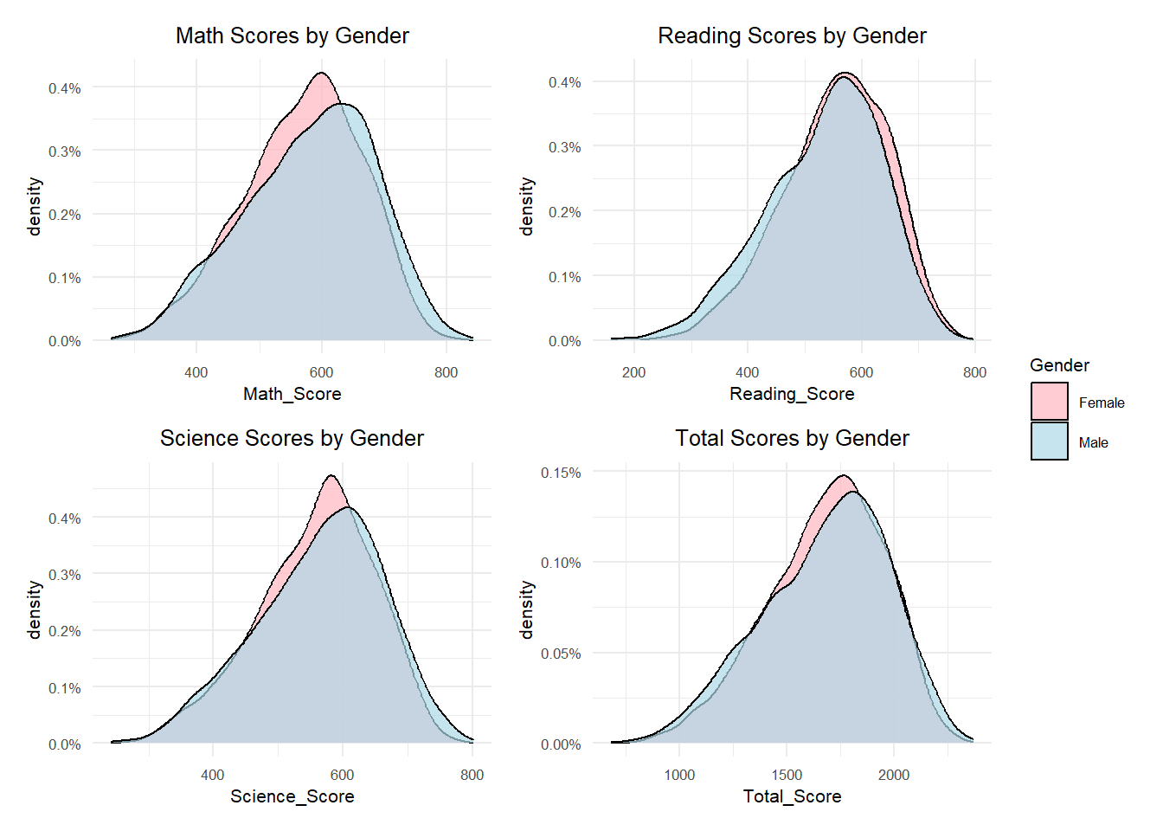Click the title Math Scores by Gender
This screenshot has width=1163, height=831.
pyautogui.click(x=292, y=35)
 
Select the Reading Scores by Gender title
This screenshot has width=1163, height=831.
pyautogui.click(x=792, y=35)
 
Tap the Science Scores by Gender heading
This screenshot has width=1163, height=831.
pyautogui.click(x=292, y=438)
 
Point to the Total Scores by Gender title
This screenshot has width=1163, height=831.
pyautogui.click(x=792, y=438)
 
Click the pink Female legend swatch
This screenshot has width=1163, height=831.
pyautogui.click(x=1049, y=402)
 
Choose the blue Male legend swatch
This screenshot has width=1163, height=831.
pyautogui.click(x=1049, y=441)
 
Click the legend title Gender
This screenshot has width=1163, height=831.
pyautogui.click(x=1059, y=365)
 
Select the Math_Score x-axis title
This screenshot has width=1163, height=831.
pyautogui.click(x=292, y=394)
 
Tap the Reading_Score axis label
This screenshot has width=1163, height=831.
pyautogui.click(x=792, y=394)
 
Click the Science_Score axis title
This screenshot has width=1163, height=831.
pyautogui.click(x=292, y=796)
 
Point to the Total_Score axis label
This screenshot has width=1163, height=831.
pyautogui.click(x=792, y=796)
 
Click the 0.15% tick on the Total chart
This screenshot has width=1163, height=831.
pyautogui.click(x=561, y=473)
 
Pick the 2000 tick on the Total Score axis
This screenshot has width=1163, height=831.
pyautogui.click(x=894, y=775)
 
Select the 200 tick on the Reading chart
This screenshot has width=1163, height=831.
pyautogui.click(x=633, y=372)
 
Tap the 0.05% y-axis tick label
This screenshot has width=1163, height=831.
pyautogui.click(x=561, y=654)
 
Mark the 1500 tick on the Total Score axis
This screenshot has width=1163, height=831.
pyautogui.click(x=787, y=775)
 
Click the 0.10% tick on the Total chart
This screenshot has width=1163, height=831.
pyautogui.click(x=561, y=563)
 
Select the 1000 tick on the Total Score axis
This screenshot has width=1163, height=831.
pyautogui.click(x=679, y=775)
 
